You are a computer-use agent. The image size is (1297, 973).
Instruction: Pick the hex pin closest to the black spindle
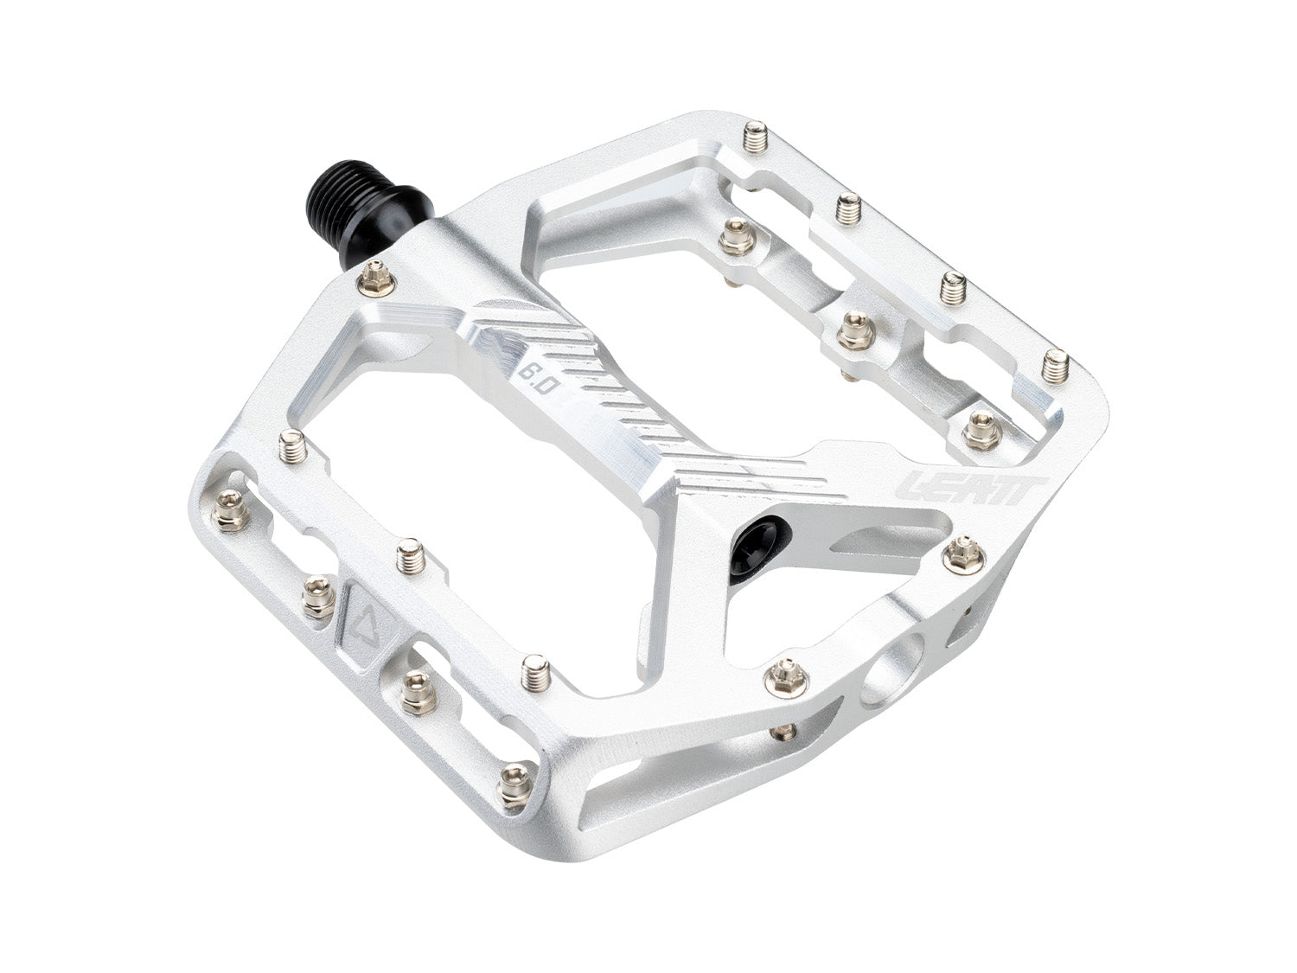coord(375,277)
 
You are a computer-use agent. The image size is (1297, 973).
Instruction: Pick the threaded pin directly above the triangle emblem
coord(407,556)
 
